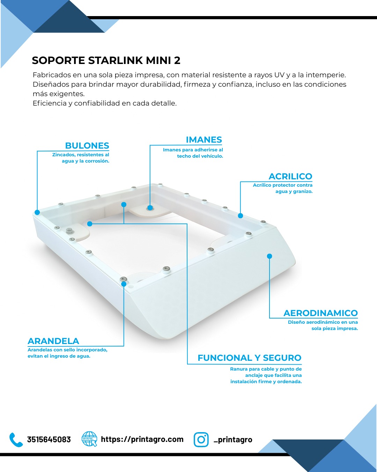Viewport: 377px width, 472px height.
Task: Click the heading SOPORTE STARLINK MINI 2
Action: pyautogui.click(x=106, y=60)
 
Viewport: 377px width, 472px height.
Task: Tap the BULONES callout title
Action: pyautogui.click(x=87, y=146)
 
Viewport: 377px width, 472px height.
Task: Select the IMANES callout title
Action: pyautogui.click(x=204, y=140)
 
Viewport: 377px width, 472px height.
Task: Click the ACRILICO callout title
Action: pyautogui.click(x=290, y=176)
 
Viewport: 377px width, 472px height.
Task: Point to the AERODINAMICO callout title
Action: pyautogui.click(x=320, y=313)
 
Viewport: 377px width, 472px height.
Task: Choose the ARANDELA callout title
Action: pyautogui.click(x=53, y=341)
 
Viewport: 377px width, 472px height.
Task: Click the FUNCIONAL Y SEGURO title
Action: pyautogui.click(x=250, y=358)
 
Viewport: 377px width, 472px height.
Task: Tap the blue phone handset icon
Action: pyautogui.click(x=16, y=440)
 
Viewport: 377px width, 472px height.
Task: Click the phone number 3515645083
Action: pyautogui.click(x=49, y=439)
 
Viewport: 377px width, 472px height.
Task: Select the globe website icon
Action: pyautogui.click(x=89, y=439)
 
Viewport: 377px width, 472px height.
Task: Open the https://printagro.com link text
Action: pyautogui.click(x=142, y=439)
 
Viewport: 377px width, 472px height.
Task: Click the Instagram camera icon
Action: pyautogui.click(x=201, y=439)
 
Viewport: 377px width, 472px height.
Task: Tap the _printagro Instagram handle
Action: pyautogui.click(x=233, y=440)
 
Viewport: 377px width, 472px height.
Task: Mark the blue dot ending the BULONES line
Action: pyautogui.click(x=37, y=212)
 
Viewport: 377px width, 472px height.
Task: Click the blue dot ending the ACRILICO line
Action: pyautogui.click(x=240, y=216)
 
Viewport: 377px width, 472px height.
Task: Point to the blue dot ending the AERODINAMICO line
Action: pyautogui.click(x=269, y=256)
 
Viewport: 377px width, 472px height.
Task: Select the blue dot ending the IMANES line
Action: pyautogui.click(x=150, y=208)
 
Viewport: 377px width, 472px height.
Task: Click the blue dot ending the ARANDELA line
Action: pyautogui.click(x=124, y=284)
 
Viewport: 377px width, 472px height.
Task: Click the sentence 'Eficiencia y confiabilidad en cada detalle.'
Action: pyautogui.click(x=105, y=103)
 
